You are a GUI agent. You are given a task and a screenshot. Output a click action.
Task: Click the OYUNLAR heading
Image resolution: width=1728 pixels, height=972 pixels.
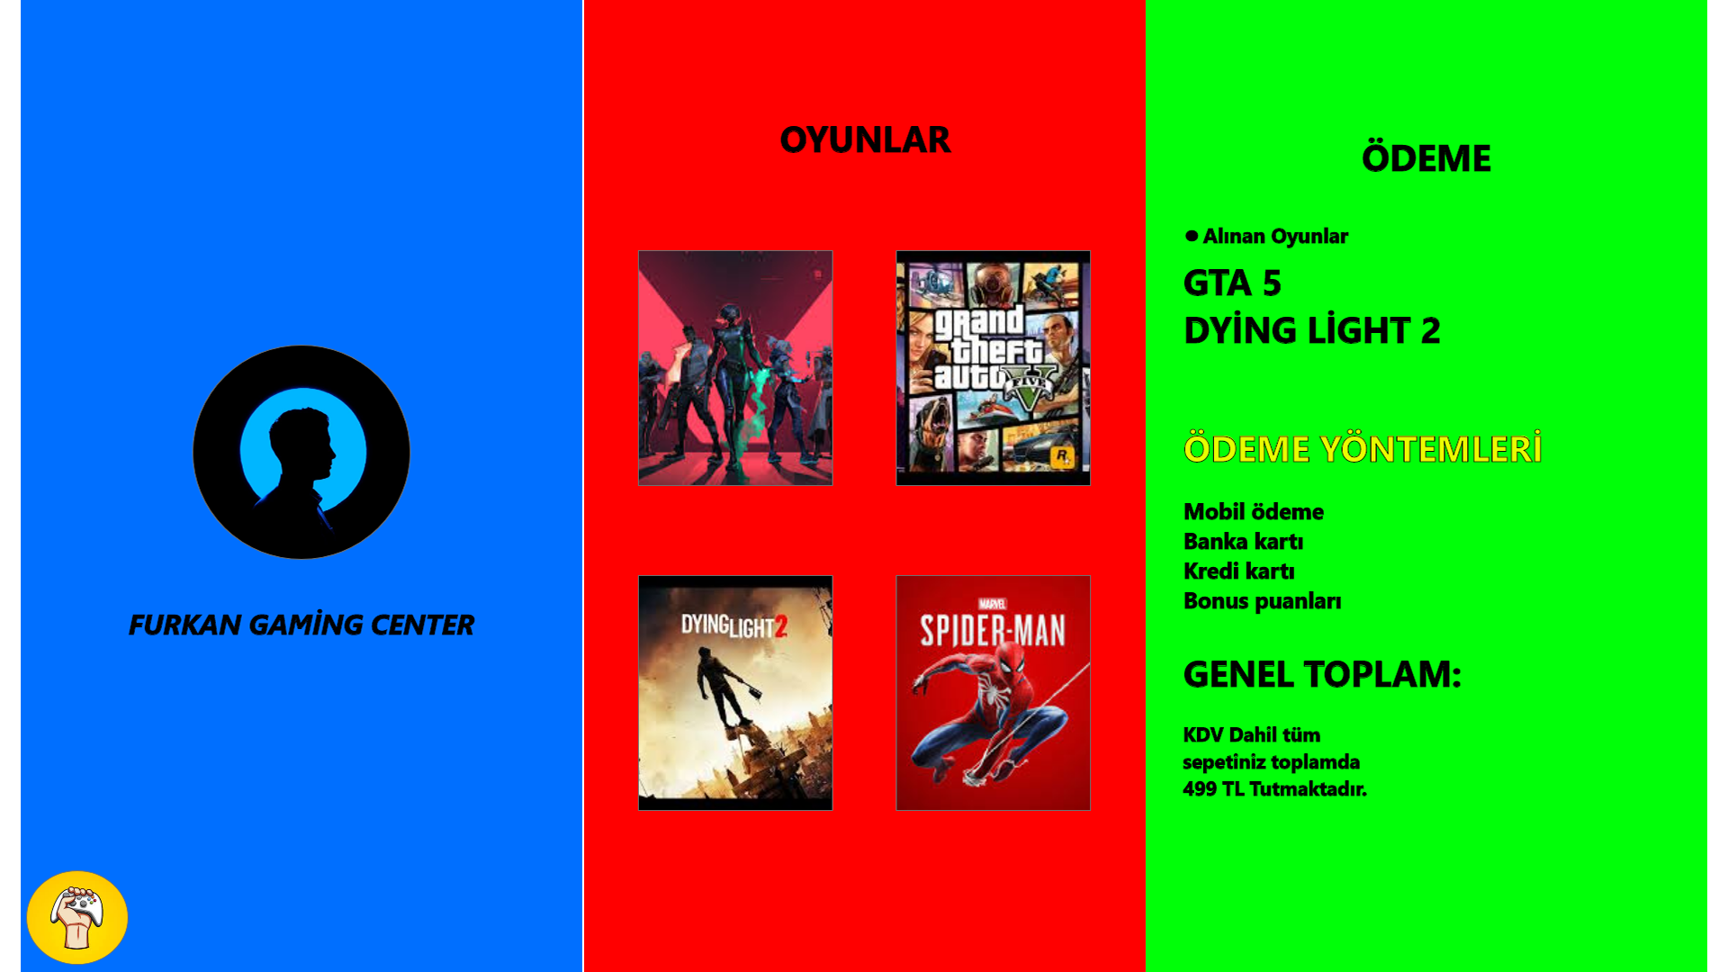click(865, 139)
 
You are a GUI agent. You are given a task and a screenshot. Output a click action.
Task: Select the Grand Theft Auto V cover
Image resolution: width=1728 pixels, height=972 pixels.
click(993, 368)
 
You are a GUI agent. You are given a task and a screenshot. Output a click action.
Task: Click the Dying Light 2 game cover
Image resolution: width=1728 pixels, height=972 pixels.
click(735, 693)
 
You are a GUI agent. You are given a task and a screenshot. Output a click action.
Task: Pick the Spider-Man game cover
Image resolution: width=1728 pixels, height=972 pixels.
click(993, 693)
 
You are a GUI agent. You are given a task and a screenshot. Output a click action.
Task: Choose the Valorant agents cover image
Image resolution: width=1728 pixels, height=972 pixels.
click(735, 368)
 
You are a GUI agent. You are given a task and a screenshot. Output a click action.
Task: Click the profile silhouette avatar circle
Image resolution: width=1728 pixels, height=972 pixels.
click(301, 452)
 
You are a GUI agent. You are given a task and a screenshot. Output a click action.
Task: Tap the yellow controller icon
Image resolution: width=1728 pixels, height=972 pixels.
click(77, 917)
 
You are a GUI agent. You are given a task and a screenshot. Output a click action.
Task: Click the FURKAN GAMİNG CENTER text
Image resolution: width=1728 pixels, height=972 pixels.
click(301, 625)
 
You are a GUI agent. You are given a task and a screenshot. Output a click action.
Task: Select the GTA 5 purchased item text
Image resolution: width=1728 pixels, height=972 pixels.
click(1232, 283)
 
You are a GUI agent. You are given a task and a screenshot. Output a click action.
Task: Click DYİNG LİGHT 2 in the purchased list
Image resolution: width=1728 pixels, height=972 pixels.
click(1312, 329)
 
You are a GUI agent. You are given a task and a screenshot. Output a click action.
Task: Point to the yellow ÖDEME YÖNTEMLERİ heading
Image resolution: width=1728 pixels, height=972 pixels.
click(1363, 447)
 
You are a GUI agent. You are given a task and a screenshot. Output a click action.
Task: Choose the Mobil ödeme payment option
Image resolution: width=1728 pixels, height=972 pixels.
click(1254, 512)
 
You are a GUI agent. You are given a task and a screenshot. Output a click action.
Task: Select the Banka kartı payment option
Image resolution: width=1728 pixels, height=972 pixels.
click(1244, 542)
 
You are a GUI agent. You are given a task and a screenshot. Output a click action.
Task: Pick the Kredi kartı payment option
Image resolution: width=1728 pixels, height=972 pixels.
click(1239, 571)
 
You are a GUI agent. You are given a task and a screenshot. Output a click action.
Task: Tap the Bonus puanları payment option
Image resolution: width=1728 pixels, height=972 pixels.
click(1263, 601)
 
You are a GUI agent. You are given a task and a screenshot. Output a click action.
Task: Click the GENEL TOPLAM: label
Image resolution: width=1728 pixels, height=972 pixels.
click(1322, 674)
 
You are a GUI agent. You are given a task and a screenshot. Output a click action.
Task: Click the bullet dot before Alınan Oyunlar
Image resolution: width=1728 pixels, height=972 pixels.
click(1192, 236)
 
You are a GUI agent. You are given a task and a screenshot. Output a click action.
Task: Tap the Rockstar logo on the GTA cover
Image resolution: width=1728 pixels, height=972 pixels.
click(1062, 456)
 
